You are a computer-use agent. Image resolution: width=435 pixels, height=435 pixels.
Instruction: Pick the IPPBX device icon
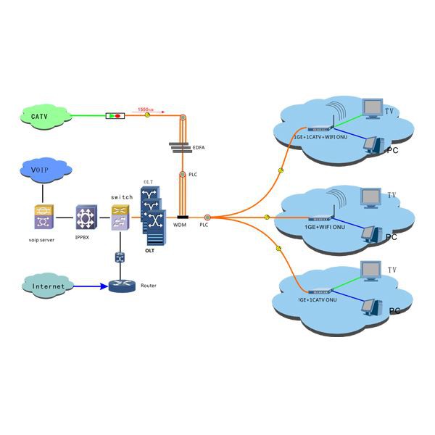point(86,215)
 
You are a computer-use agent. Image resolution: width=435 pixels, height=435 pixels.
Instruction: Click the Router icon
point(123,285)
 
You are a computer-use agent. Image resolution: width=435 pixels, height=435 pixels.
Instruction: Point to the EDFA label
point(198,147)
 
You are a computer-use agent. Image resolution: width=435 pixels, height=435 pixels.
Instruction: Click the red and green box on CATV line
point(114,115)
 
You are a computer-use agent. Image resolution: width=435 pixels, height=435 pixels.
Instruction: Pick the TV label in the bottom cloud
point(391,270)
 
